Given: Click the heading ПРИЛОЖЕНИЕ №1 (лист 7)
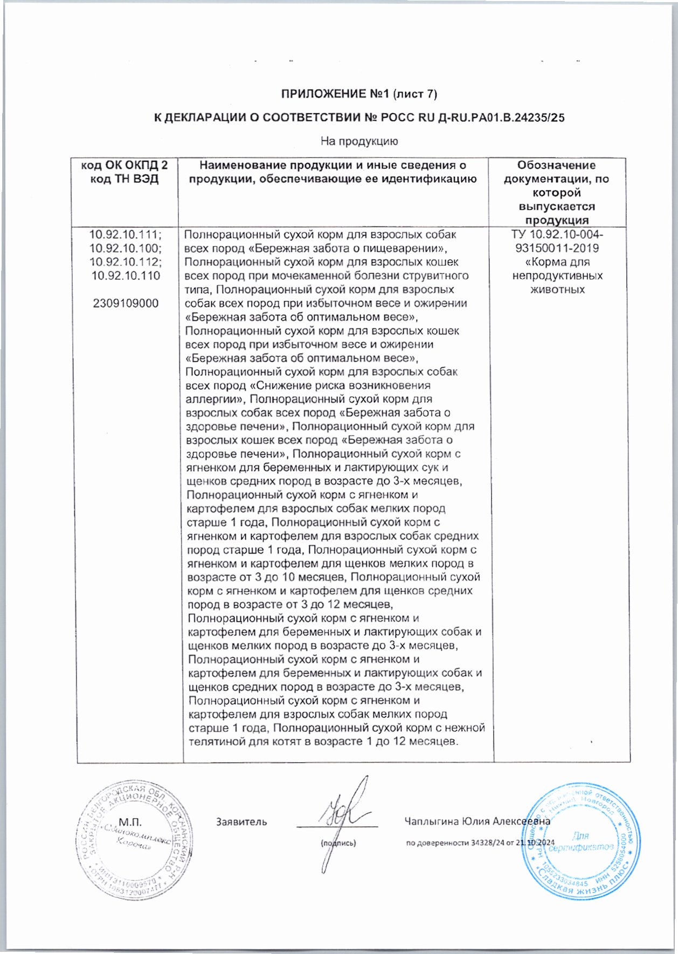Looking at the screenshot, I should tap(359, 94).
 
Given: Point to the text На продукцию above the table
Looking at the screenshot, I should tap(359, 141).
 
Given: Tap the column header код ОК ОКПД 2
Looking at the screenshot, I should tap(124, 165).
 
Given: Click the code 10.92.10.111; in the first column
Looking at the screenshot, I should tap(126, 234).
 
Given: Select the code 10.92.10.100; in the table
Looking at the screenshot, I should tap(126, 248).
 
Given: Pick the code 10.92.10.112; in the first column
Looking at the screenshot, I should tap(126, 262).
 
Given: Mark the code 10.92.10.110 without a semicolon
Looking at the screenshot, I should tap(126, 276).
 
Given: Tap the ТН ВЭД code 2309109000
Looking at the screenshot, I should tap(126, 303).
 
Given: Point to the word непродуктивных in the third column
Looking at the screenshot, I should tap(557, 276).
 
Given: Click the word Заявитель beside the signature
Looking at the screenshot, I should tap(241, 822).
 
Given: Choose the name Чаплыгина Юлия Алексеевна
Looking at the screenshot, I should tap(477, 821).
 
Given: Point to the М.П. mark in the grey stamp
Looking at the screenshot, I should tap(130, 822).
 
